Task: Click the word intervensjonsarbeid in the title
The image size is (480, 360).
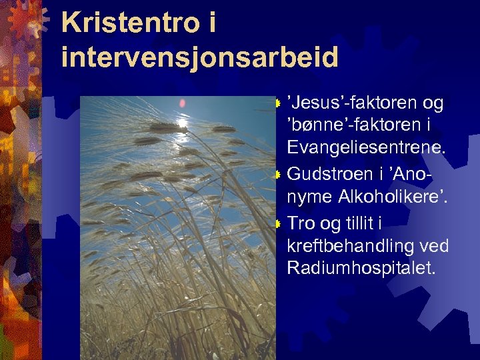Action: coord(199,57)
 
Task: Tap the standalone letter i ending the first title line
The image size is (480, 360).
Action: coord(212,24)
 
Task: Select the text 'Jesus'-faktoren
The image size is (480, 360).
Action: coord(353,103)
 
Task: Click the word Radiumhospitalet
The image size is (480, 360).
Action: coord(361,268)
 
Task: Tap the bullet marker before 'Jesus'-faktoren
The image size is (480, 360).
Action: coord(279,103)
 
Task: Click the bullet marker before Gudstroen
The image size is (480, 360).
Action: coord(279,174)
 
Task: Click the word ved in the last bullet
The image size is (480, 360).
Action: coord(434,245)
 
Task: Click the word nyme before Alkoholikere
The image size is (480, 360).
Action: coord(310,197)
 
